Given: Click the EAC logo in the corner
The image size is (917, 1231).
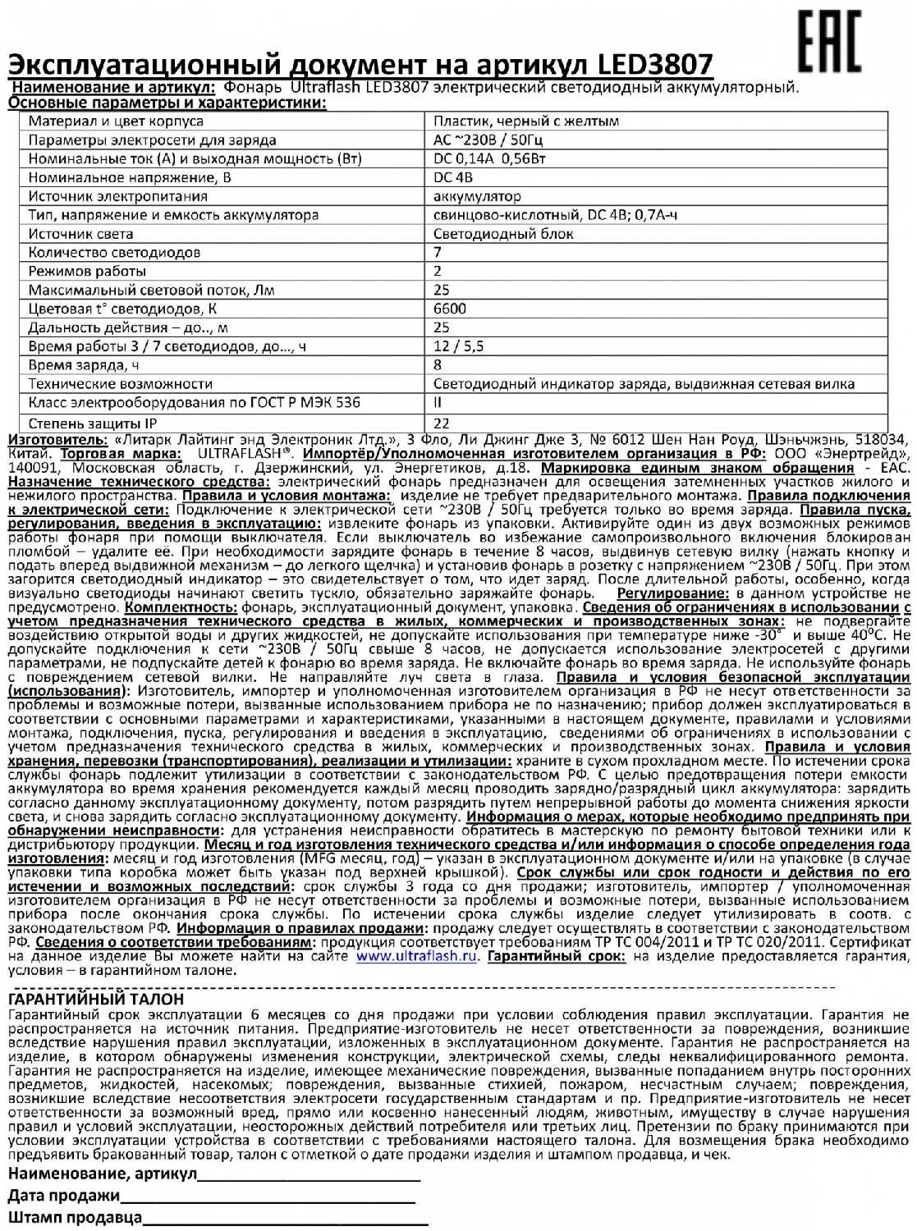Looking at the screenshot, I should click(830, 43).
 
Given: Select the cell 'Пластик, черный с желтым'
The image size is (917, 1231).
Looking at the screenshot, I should click(526, 121).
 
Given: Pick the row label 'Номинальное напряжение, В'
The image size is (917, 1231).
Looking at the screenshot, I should click(130, 177).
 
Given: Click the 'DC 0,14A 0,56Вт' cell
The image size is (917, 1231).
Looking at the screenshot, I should click(489, 159).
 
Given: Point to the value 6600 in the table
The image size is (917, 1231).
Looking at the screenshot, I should click(450, 309).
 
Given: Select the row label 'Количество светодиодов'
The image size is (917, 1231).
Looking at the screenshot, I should click(114, 253).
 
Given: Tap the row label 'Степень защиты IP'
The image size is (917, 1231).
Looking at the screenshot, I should click(93, 423).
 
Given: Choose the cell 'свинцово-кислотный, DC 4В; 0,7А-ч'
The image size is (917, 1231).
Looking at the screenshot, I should click(555, 215).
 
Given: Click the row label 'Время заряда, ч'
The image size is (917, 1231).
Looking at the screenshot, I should click(84, 365).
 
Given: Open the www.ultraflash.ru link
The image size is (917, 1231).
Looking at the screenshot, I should click(417, 956).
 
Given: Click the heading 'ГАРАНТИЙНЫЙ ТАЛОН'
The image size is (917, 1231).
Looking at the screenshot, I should click(96, 1000).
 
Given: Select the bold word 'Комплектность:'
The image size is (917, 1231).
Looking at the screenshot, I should click(181, 608).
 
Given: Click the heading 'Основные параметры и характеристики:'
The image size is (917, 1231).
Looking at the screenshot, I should click(167, 103).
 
